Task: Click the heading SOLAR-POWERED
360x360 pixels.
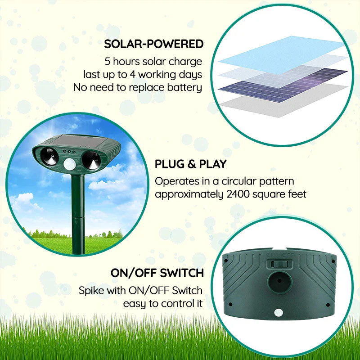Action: pos(154,44)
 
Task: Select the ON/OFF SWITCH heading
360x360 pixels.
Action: pos(157,273)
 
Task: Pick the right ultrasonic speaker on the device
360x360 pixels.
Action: pos(92,159)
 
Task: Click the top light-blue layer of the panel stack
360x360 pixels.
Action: pos(274,52)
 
